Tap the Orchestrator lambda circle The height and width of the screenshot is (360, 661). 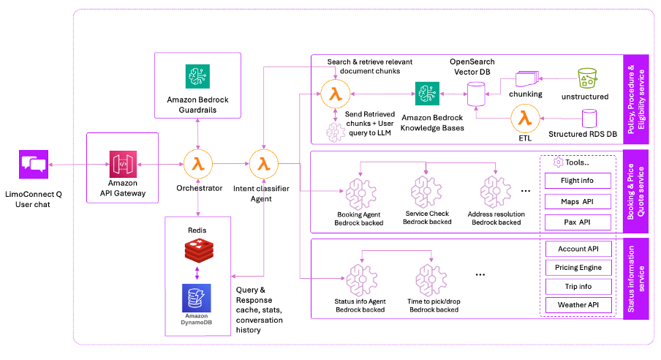197,165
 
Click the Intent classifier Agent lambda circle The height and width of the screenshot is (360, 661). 262,165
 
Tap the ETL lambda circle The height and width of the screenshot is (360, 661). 524,118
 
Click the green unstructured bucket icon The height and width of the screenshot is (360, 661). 586,79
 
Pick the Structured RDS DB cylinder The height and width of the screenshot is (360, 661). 589,120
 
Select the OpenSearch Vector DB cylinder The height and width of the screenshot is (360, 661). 476,92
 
